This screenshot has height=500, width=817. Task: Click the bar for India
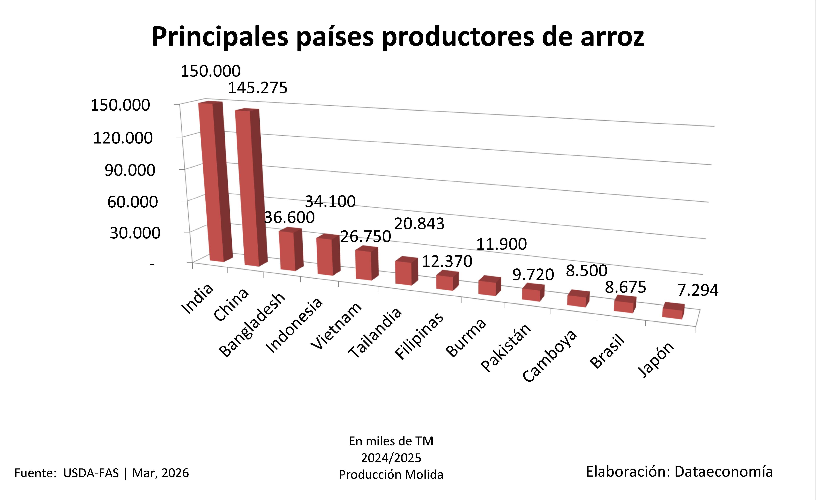tap(212, 183)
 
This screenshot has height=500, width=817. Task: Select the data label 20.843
tap(419, 224)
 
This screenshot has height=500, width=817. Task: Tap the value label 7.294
tap(698, 290)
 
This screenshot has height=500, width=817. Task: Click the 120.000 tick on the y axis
tap(123, 138)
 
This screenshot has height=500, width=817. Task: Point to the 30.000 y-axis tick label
tap(135, 233)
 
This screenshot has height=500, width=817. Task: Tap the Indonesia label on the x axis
tap(294, 325)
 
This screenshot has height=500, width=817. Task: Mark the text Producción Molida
tap(391, 475)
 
